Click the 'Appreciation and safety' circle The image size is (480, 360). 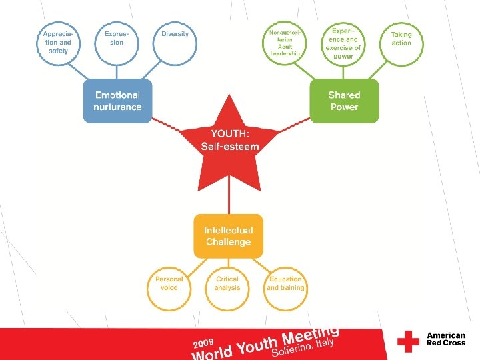(57, 43)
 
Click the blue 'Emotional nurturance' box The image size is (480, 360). (117, 101)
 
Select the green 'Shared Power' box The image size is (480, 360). (344, 101)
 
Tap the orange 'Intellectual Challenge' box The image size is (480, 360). (228, 236)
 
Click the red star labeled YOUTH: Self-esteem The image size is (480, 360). (230, 143)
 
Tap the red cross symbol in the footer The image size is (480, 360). (408, 341)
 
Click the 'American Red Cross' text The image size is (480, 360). (445, 340)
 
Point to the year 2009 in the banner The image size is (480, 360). (203, 341)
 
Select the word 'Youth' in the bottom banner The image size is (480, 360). (257, 344)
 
